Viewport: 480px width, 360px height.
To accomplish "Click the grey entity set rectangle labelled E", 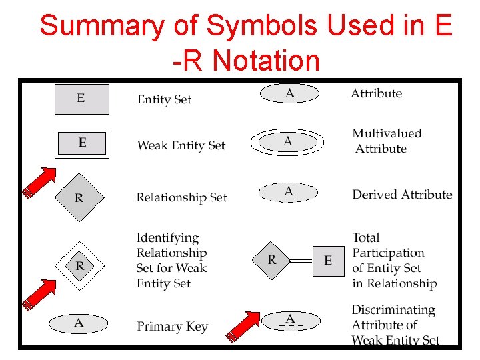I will (x=81, y=99).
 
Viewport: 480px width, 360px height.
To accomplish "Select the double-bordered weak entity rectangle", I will (x=82, y=143).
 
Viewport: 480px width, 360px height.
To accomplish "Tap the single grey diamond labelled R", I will (x=79, y=197).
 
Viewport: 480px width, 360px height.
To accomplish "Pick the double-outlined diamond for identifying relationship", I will (x=80, y=266).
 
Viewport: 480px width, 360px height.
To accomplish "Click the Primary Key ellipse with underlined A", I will (x=79, y=324).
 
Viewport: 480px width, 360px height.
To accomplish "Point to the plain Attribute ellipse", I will (x=289, y=94).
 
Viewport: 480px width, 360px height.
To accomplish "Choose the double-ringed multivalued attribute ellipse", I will (x=287, y=141).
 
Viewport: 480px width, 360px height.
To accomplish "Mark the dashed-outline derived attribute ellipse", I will (x=288, y=192).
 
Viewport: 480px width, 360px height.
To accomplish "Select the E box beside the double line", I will (x=328, y=260).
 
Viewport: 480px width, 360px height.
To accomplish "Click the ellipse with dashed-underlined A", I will (x=290, y=320).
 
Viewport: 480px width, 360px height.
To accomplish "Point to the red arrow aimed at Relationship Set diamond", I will (x=40, y=182).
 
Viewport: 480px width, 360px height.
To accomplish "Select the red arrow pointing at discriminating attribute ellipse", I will (x=244, y=327).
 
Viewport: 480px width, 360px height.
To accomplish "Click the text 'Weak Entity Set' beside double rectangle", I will (x=181, y=145).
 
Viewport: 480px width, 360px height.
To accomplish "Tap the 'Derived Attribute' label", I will (x=402, y=195).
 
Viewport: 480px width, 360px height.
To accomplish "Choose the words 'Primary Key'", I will (x=173, y=327).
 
